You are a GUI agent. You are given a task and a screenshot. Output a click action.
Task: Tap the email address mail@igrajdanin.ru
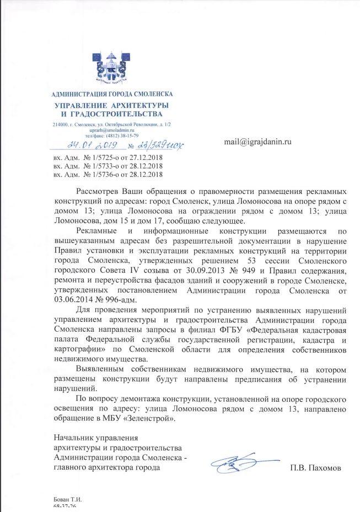[x=257, y=142]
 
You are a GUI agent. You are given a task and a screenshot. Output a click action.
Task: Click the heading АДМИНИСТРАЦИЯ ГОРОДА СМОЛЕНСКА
[x=112, y=95]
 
